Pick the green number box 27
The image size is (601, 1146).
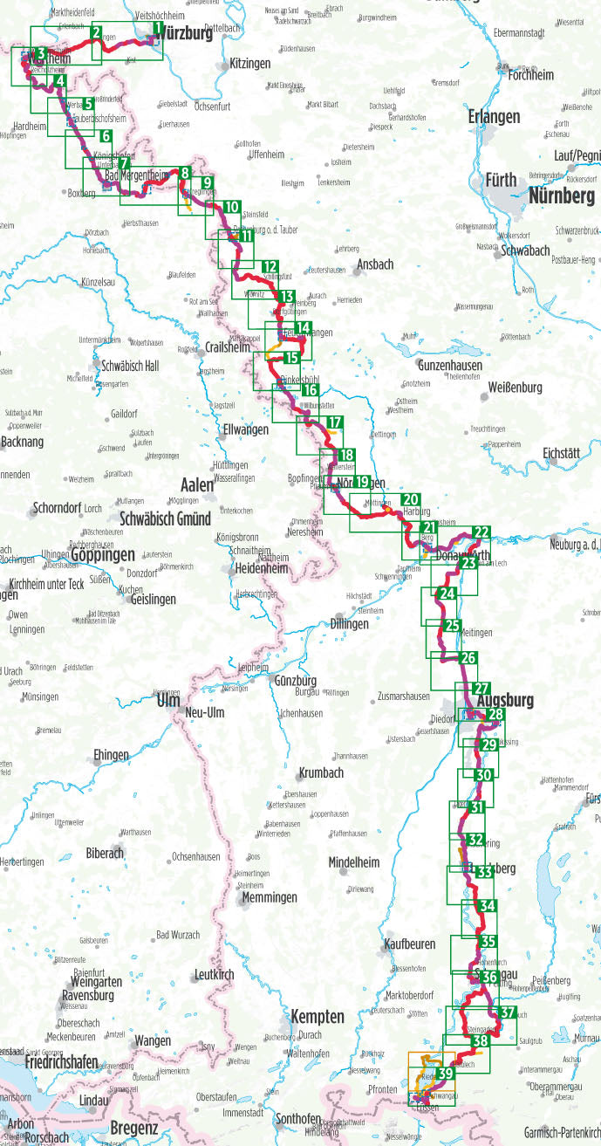pyautogui.click(x=482, y=688)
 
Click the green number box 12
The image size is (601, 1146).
pyautogui.click(x=270, y=267)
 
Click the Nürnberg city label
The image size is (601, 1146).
pyautogui.click(x=561, y=196)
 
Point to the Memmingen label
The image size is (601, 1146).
pyautogui.click(x=269, y=897)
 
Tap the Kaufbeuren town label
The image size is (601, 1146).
pyautogui.click(x=408, y=944)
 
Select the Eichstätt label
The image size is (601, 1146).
pyautogui.click(x=567, y=453)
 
